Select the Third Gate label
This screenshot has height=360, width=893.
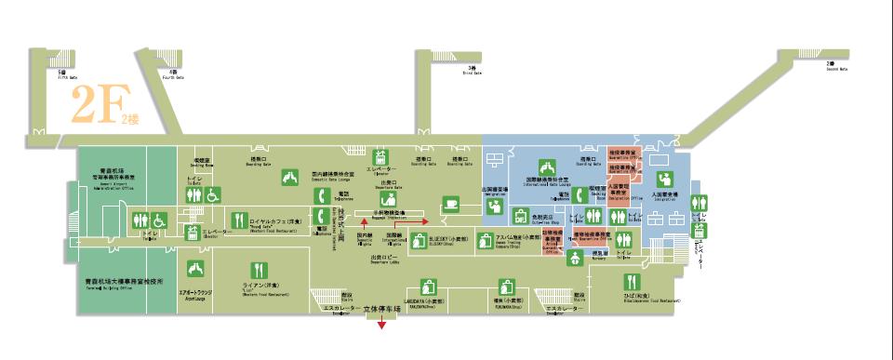click(x=474, y=72)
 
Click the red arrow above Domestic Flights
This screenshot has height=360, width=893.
click(x=353, y=222)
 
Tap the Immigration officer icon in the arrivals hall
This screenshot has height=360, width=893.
click(x=665, y=179)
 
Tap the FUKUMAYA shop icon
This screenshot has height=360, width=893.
click(x=506, y=287)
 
